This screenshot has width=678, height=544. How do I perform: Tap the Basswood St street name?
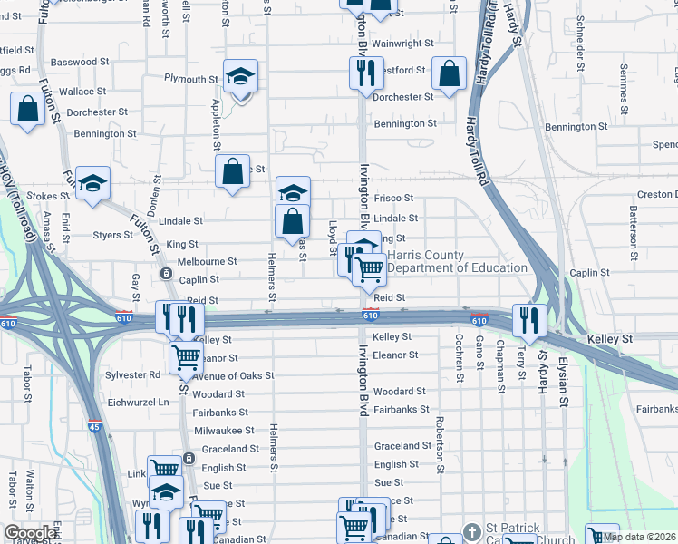[80, 62]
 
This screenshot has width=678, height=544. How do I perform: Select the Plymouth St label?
[186, 79]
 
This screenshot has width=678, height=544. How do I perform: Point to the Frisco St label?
[393, 198]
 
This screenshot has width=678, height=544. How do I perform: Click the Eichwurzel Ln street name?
[139, 402]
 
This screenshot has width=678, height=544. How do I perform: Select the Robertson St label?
[438, 444]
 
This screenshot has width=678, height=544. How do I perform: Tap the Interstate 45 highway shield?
[95, 425]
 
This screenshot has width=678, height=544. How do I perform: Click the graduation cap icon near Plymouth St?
[240, 77]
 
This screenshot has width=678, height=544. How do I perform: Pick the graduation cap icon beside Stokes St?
[92, 183]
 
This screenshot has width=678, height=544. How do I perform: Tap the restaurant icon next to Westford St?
[364, 72]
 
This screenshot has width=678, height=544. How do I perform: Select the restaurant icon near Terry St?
[527, 318]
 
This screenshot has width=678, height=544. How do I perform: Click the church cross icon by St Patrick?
[470, 531]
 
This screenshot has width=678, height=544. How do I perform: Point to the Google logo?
[29, 533]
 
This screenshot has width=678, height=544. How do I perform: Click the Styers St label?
[113, 235]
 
